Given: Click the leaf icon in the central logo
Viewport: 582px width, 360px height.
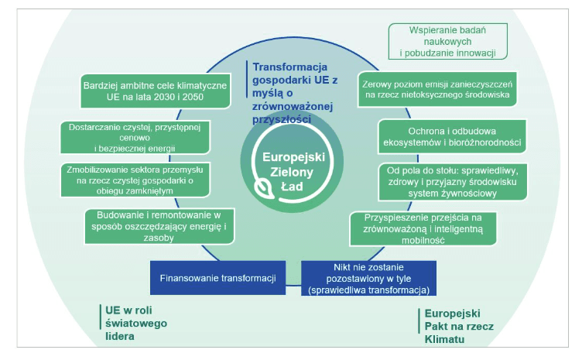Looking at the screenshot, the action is click(264, 187).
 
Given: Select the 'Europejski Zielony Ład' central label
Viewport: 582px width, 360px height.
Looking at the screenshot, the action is click(293, 171).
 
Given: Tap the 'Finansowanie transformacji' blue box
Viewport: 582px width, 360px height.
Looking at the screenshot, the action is click(218, 278).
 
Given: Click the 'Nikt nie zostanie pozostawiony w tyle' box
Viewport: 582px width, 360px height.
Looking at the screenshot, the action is click(368, 279).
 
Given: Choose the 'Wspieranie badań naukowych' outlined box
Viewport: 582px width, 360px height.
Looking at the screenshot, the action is click(447, 41).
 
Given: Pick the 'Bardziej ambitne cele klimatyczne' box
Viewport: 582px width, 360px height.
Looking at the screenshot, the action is click(155, 91).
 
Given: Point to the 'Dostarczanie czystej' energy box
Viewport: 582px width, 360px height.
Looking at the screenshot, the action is click(135, 137).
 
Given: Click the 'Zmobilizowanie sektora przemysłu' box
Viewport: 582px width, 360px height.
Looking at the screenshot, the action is click(135, 180).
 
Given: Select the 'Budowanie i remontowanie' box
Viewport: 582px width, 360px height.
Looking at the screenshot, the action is click(159, 226).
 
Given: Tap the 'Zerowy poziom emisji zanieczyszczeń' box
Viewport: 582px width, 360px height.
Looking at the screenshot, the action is click(437, 89).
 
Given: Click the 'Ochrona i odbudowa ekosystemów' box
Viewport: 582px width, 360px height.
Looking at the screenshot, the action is click(452, 136).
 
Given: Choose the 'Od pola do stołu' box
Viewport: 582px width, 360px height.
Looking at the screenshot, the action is click(453, 182).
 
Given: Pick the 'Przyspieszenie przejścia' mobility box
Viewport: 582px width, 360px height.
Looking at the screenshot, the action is click(423, 228).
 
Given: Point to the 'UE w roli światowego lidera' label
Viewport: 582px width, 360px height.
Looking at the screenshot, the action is click(136, 324).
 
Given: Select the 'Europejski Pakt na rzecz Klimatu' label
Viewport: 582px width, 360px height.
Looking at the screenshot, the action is click(459, 326).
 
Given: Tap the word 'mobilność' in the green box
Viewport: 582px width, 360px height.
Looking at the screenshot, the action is click(423, 240).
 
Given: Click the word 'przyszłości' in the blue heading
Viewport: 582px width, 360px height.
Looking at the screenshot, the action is click(282, 119).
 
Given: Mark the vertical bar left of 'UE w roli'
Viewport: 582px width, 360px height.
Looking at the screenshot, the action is click(100, 317).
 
